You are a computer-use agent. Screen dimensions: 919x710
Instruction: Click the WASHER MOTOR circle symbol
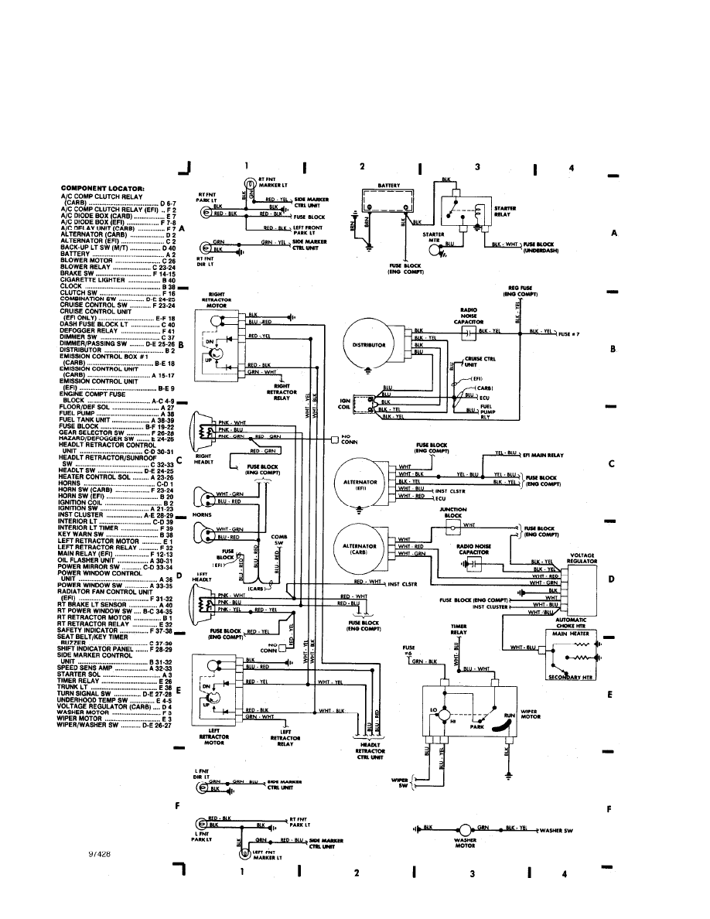coord(467,829)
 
